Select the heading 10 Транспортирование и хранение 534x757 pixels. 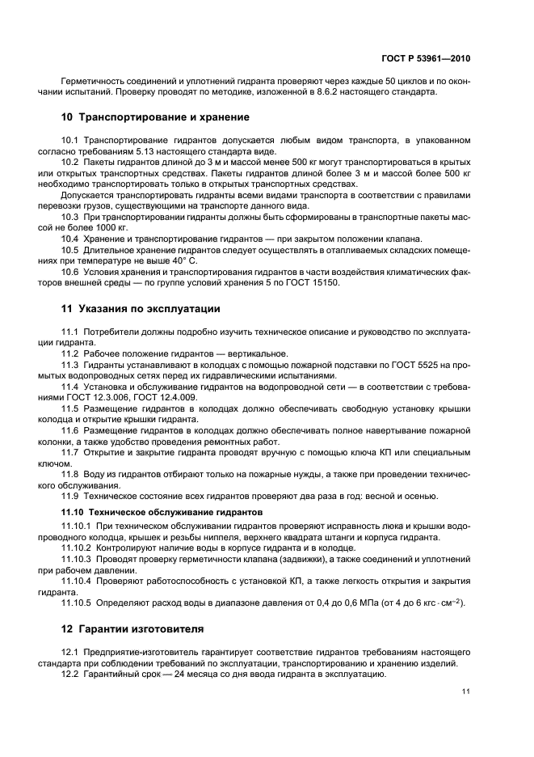coord(149,116)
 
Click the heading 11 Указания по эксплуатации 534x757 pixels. coord(141,309)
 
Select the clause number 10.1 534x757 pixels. coord(70,140)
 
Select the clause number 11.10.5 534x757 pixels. coord(78,602)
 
